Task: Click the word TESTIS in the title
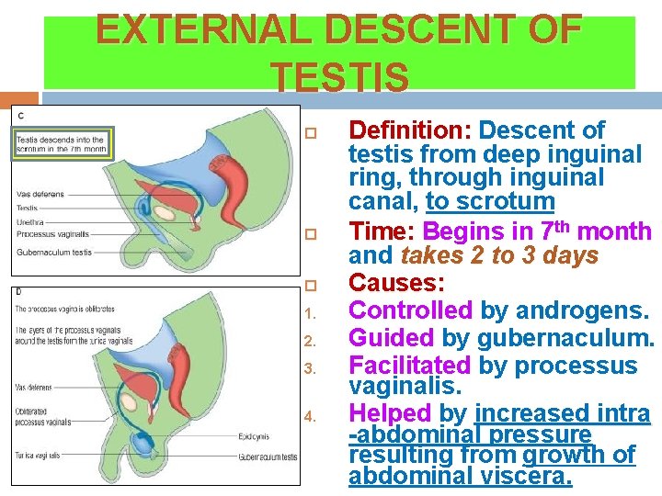(x=340, y=77)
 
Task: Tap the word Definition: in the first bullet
(x=410, y=130)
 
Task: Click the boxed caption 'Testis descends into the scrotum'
(x=61, y=144)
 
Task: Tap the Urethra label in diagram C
(x=29, y=221)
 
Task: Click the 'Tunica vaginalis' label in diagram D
(x=39, y=455)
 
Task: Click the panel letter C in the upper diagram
(x=21, y=116)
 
